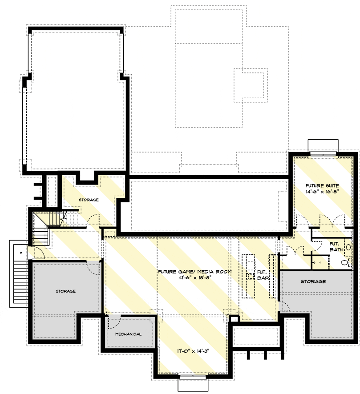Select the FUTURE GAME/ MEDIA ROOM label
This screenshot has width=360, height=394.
195,272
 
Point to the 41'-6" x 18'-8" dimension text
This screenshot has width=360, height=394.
194,277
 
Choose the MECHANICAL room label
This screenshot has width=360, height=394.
128,334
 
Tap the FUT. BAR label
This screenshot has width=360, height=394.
263,275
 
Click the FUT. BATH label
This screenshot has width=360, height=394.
336,246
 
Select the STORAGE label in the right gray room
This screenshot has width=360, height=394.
313,281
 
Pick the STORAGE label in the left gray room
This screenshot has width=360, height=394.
65,291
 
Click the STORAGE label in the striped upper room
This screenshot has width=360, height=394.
89,200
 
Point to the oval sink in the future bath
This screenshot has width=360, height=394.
348,247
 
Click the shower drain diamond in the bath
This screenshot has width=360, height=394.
320,262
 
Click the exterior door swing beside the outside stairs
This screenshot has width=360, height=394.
36,252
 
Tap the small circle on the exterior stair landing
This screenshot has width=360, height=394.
21,253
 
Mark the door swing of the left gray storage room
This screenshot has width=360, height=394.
93,268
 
